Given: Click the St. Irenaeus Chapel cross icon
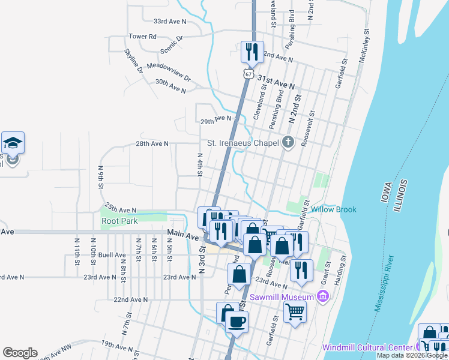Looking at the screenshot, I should coord(288,143).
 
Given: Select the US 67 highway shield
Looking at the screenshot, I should coord(248,74).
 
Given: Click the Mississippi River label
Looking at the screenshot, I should coord(384,283).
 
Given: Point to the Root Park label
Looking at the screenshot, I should coord(119,221).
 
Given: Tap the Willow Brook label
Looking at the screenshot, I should coord(334,209).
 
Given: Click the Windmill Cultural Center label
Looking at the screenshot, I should coord(367,347).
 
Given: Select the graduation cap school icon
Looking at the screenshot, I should coord(13,143).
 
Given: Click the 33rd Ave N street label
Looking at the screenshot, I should coord(170,21).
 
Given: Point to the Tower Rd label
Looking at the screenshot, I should coord(142,37).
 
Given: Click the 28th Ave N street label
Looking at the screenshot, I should coord(152,144).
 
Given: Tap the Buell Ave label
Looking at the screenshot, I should coord(111,254).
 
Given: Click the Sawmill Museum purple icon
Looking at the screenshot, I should coord(323,296).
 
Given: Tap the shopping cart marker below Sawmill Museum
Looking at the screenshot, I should coord(295,311).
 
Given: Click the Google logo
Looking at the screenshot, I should coord(20,352).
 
